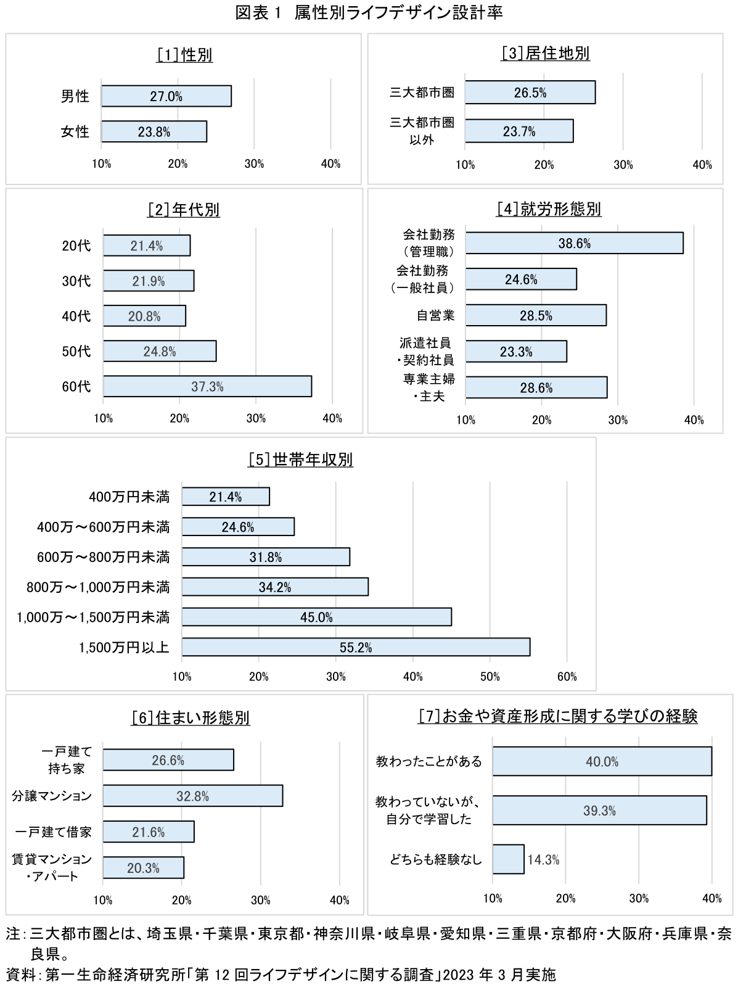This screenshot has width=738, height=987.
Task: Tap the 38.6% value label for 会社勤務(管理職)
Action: click(x=574, y=244)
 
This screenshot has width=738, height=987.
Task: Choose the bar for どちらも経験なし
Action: click(x=508, y=859)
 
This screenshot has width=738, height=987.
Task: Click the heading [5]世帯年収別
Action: click(x=300, y=460)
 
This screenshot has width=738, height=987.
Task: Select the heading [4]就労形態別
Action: click(x=548, y=209)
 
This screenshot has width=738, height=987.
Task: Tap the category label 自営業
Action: click(x=435, y=316)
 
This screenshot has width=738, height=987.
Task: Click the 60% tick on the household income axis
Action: click(x=567, y=677)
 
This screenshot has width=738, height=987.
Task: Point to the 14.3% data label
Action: click(x=543, y=860)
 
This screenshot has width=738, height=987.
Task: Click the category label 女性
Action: click(x=75, y=131)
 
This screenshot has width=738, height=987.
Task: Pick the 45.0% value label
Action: click(x=316, y=617)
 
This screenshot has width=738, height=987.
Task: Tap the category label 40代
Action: click(x=76, y=316)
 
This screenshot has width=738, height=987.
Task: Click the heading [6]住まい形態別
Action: click(x=191, y=718)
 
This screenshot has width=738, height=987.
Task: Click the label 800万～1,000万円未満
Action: click(x=97, y=587)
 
